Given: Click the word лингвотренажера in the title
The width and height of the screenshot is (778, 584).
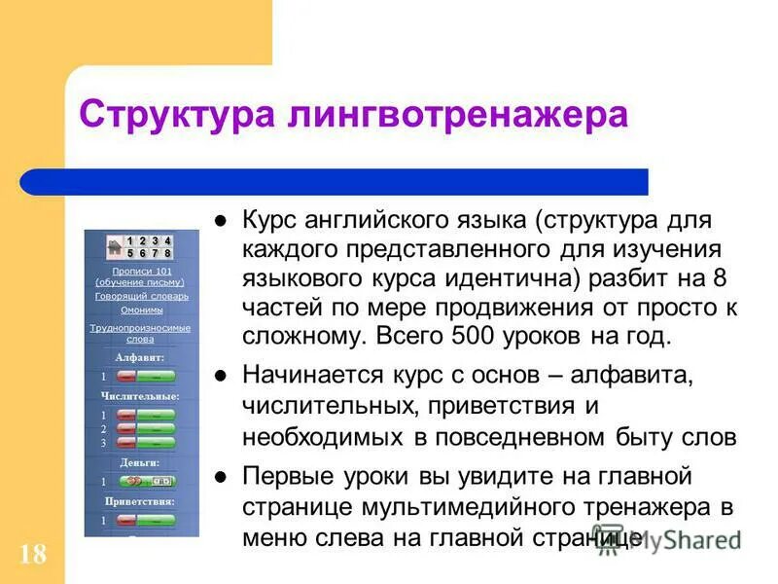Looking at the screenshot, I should click(x=457, y=115).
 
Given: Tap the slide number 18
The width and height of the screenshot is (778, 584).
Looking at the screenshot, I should click(x=31, y=555).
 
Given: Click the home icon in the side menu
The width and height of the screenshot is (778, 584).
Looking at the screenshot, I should click(x=114, y=245).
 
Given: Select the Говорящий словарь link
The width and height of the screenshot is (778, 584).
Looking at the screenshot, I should click(x=142, y=295).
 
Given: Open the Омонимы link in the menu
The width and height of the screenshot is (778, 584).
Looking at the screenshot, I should click(x=142, y=310).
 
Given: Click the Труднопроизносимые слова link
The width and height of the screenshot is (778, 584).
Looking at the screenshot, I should click(x=142, y=333).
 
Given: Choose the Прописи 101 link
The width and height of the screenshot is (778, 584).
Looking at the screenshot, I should click(x=142, y=275).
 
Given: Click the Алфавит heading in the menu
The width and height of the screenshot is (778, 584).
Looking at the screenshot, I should click(x=141, y=357).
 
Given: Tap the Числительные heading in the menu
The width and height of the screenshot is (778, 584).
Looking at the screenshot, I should click(x=141, y=396).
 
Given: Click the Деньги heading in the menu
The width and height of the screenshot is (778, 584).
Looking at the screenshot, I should click(x=141, y=463).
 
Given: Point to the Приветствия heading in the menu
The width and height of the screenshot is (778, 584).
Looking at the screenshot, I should click(x=141, y=501).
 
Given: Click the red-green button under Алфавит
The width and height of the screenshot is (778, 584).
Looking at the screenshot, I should click(x=146, y=375).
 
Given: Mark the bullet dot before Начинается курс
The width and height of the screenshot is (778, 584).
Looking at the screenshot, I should click(x=221, y=375).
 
